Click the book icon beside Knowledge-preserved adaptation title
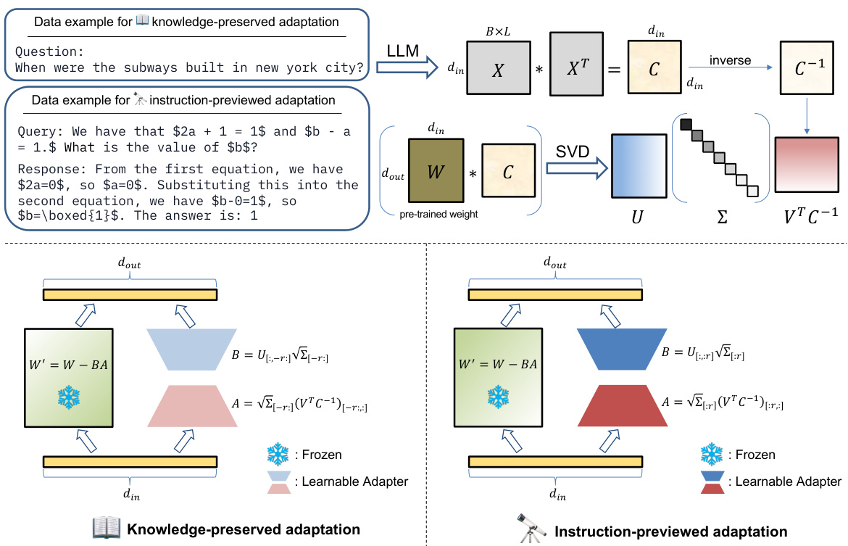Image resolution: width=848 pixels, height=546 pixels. pyautogui.click(x=105, y=528)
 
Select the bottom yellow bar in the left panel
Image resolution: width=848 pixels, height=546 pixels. pyautogui.click(x=130, y=461)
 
